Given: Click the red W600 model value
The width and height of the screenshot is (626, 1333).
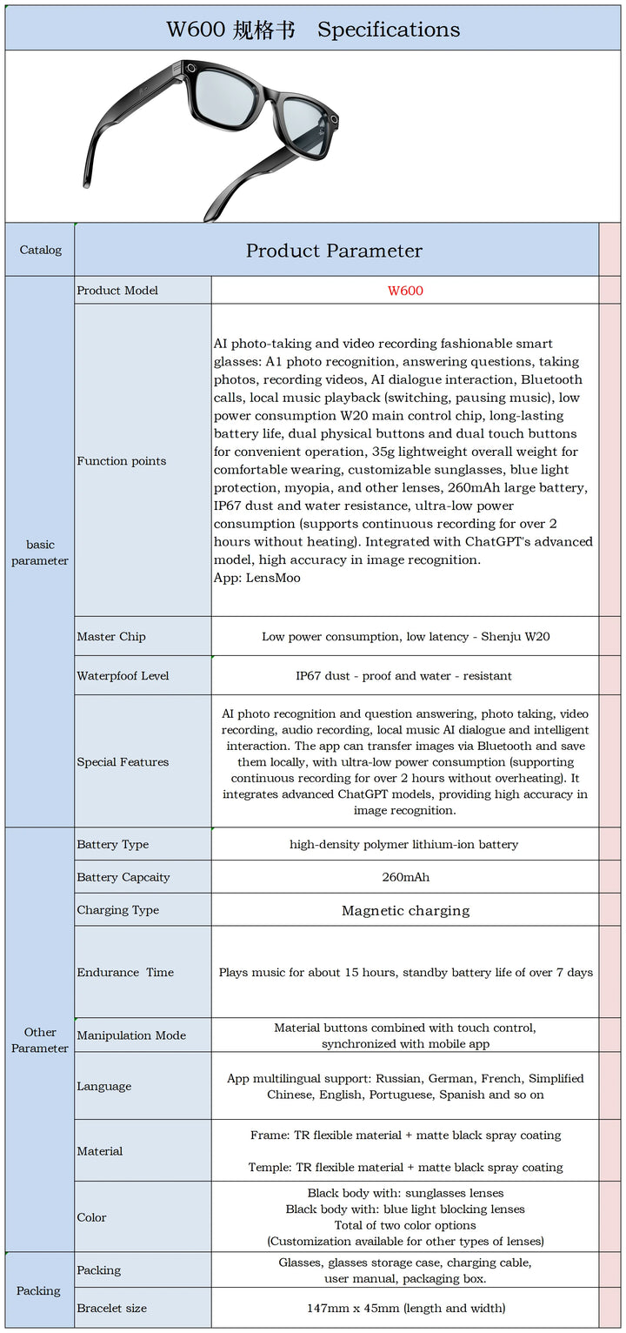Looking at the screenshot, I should [405, 291].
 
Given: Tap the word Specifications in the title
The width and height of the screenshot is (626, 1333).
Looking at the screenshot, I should [389, 30].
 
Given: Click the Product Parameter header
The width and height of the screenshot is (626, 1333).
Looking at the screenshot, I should [334, 251].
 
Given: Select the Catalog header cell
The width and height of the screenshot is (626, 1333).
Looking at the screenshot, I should [41, 251].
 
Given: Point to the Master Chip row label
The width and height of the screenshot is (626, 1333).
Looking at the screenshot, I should [111, 637].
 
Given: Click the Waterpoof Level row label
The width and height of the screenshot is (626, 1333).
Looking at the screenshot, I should [123, 676].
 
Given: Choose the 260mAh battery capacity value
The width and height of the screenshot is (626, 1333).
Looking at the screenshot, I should [405, 877].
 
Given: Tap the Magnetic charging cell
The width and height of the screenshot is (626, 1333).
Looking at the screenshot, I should [405, 911].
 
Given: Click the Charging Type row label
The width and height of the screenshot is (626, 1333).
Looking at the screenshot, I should [118, 910].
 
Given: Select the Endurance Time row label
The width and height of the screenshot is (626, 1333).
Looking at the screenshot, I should [125, 973].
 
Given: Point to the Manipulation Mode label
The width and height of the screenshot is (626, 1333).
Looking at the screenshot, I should [131, 1035].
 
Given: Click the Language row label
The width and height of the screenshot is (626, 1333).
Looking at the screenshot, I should [104, 1087].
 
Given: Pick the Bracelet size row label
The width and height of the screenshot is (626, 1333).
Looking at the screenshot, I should [112, 1309].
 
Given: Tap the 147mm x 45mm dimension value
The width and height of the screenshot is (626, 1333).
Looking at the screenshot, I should [405, 1309].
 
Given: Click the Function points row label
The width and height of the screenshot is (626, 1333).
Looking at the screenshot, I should [122, 461].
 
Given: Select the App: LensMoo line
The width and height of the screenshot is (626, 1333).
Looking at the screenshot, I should [257, 578].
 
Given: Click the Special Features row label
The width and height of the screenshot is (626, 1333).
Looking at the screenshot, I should [123, 762].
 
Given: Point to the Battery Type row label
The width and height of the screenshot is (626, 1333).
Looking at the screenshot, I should [113, 845].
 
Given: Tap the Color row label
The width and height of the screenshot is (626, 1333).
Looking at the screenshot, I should [91, 1218].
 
